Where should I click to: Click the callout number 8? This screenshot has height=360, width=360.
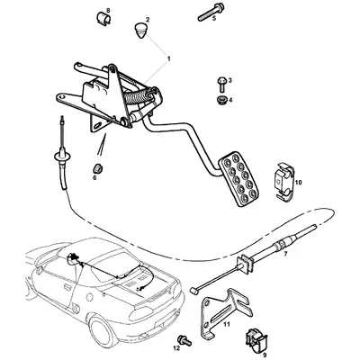[x=109, y=10]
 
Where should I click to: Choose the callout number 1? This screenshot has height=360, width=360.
[x=167, y=56]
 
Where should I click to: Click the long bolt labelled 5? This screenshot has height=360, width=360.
[x=202, y=13]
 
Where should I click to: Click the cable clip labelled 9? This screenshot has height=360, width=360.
[x=254, y=339]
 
